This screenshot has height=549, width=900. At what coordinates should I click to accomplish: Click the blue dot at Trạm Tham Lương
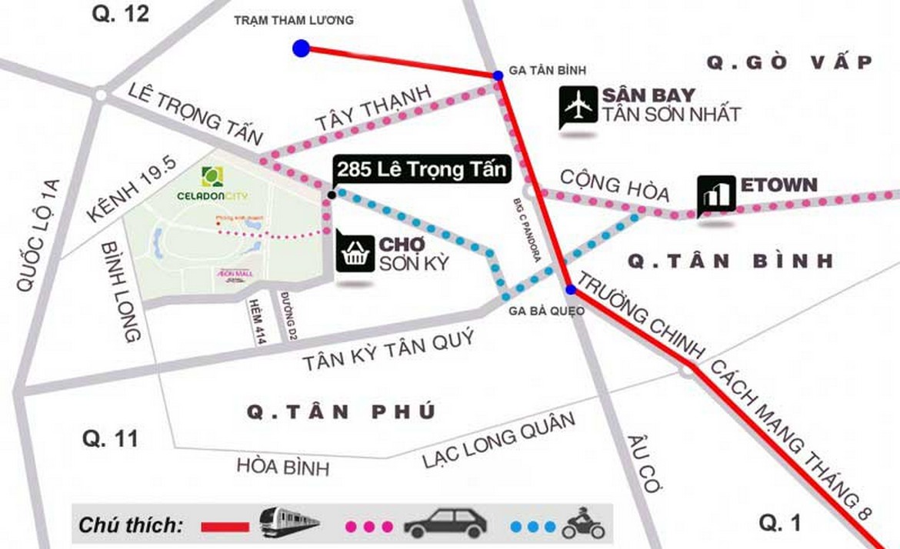pyautogui.click(x=301, y=48)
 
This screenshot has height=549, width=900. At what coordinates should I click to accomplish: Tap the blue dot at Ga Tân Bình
pyautogui.click(x=498, y=75)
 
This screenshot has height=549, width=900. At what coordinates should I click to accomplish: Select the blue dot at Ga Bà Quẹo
pyautogui.click(x=570, y=290)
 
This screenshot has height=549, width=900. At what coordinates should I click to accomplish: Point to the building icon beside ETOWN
pyautogui.click(x=716, y=195)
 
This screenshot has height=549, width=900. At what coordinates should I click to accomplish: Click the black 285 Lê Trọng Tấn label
pyautogui.click(x=422, y=170)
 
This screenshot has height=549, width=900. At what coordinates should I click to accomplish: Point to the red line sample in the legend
pyautogui.click(x=225, y=527)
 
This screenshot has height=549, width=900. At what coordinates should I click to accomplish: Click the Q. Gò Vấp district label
pyautogui.click(x=789, y=62)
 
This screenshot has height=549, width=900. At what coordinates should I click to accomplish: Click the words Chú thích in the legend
pyautogui.click(x=131, y=526)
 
